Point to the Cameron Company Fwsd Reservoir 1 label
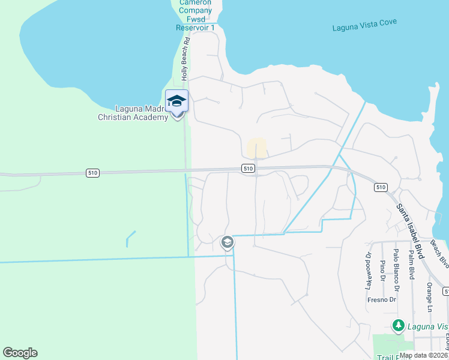pos(195,16)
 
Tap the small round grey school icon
pos(227,242)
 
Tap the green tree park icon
pos(397,326)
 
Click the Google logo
pos(20,353)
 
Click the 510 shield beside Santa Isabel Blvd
pos(380,187)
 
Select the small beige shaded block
pos(257,147)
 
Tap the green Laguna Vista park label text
pos(427,326)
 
